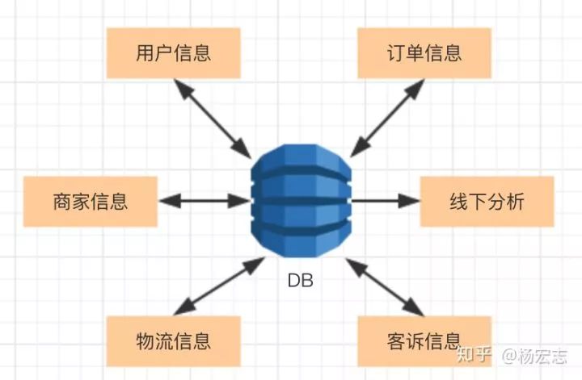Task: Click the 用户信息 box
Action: (x=174, y=54)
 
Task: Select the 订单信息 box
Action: (x=424, y=54)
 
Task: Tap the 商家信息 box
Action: (x=90, y=201)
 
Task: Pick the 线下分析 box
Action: (x=487, y=201)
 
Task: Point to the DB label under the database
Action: (x=301, y=282)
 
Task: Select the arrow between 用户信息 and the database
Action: (x=214, y=119)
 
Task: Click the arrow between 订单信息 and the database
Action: (x=386, y=119)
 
